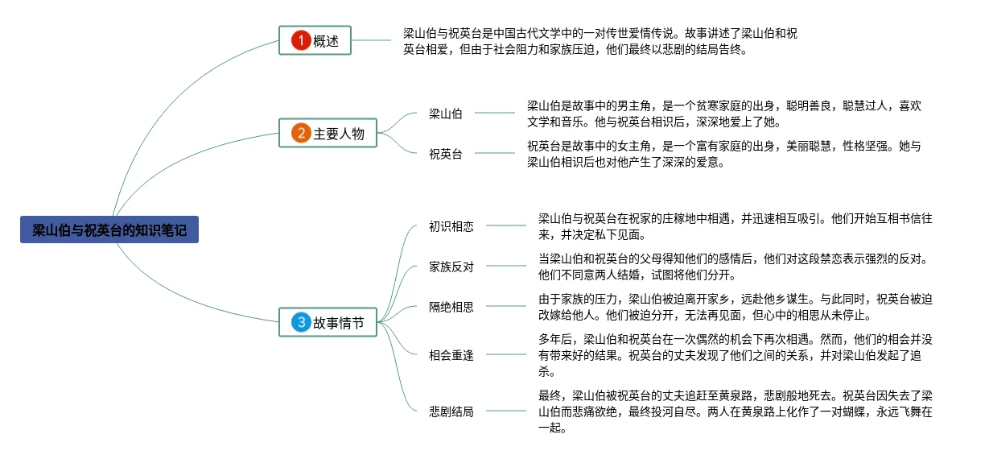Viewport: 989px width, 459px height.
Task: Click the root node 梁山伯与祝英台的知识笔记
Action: [109, 230]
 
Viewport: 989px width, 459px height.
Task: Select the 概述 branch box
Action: [315, 40]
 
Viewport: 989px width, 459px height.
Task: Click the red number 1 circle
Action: [300, 40]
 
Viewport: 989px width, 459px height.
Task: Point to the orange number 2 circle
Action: [300, 134]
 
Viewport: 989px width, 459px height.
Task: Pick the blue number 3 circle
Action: [300, 323]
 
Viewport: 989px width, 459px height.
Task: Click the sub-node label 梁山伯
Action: [446, 114]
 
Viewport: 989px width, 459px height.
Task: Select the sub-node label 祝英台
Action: [446, 154]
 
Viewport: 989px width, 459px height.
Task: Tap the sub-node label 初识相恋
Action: [451, 226]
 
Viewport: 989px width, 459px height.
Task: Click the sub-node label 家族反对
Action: [451, 267]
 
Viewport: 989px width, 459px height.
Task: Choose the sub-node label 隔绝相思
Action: [451, 307]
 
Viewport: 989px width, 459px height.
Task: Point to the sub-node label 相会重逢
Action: [451, 355]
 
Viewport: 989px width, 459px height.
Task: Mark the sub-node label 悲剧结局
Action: [451, 411]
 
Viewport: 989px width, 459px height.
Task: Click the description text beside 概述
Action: [600, 41]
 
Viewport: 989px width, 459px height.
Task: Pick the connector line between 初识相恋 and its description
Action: [505, 226]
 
